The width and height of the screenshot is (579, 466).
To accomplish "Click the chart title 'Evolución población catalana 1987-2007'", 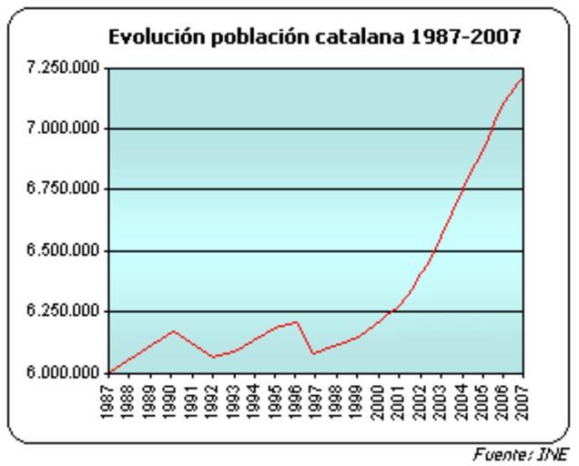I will [x=314, y=37].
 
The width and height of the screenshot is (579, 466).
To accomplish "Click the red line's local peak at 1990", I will [x=173, y=331].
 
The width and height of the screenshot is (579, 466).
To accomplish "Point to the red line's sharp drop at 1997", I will [x=312, y=353].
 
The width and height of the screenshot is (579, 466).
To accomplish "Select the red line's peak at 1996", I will [x=297, y=321].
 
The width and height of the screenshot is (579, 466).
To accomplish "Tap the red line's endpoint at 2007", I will [x=523, y=79].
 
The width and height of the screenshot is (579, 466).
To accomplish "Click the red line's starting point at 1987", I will [x=110, y=372].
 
